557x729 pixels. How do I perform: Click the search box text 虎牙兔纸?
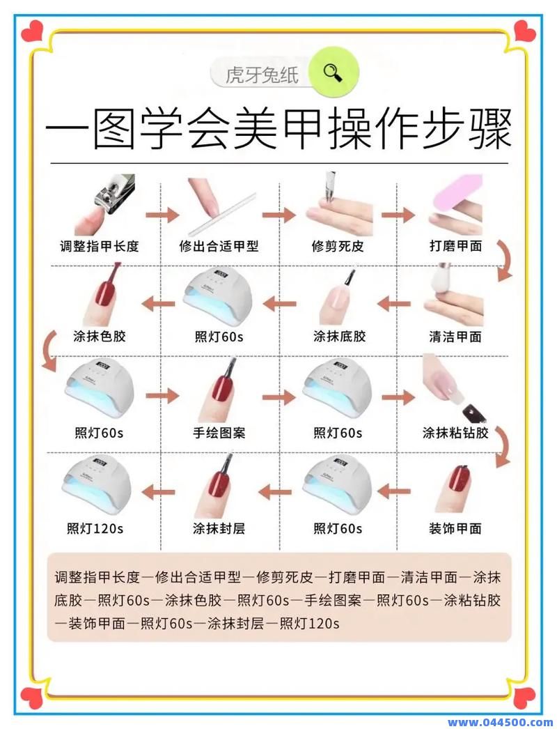[262, 75]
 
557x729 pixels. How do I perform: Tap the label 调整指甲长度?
[100, 246]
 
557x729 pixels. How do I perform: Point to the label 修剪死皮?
[338, 246]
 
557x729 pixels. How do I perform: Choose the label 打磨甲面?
[456, 246]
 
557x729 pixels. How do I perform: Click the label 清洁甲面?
[455, 337]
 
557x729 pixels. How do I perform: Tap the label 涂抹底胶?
[339, 337]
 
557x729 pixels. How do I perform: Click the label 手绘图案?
[219, 433]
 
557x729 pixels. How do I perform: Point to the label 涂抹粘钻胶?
[456, 433]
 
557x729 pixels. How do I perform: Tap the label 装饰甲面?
[455, 528]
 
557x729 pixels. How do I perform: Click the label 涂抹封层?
[219, 528]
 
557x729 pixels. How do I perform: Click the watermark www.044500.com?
[501, 721]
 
